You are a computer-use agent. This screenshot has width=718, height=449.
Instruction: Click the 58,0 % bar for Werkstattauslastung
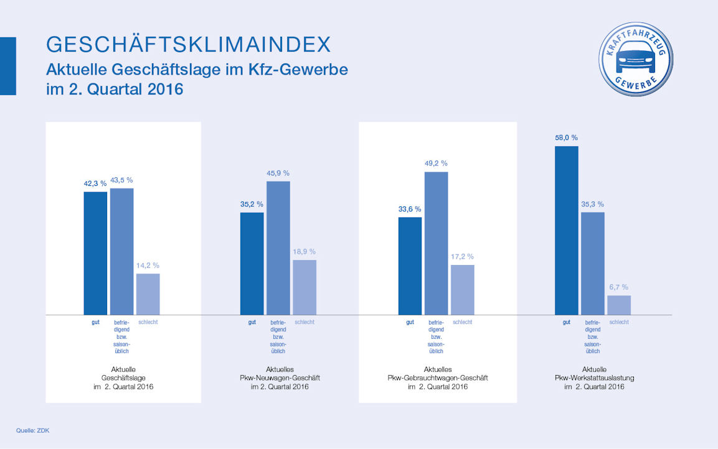click(566, 230)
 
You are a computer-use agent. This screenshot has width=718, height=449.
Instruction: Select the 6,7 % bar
click(618, 305)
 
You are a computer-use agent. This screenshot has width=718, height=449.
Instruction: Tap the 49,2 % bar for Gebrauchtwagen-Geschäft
click(436, 243)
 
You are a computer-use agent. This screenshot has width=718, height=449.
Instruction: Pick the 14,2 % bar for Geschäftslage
click(148, 294)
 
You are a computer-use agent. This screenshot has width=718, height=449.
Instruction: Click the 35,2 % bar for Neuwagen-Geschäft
click(252, 263)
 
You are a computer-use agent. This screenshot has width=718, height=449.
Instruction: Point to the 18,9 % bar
click(304, 287)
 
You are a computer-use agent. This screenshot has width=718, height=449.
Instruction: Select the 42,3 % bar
click(95, 252)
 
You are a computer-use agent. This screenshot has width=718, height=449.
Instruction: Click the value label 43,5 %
click(121, 180)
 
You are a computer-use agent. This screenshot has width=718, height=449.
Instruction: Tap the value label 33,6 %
click(410, 209)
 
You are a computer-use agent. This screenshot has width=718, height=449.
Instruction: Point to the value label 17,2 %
click(462, 256)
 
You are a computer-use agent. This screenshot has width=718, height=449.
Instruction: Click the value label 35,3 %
click(592, 204)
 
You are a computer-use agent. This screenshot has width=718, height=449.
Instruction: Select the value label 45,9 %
click(278, 173)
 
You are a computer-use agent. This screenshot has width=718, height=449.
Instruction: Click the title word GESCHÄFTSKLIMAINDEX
click(188, 44)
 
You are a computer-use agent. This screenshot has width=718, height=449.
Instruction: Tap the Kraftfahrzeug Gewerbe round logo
click(635, 59)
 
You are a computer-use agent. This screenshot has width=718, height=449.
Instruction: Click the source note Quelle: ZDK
click(32, 430)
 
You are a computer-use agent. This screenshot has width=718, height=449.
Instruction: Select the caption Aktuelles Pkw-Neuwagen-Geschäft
click(280, 377)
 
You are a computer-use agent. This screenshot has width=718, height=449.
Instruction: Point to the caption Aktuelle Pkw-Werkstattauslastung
click(594, 377)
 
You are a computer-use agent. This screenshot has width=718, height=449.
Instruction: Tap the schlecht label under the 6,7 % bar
click(619, 322)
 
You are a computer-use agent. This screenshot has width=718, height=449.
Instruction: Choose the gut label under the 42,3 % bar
click(95, 322)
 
